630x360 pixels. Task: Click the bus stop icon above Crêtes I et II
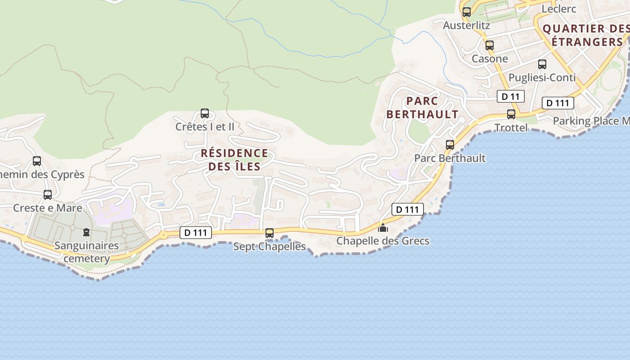click(x=205, y=113)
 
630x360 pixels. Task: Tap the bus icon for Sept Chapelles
click(x=270, y=233)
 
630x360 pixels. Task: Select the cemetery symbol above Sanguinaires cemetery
click(x=86, y=232)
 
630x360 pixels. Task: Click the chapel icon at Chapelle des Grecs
click(x=383, y=228)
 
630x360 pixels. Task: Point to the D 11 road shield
click(x=511, y=96)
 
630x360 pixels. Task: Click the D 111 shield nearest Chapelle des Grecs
click(x=408, y=209)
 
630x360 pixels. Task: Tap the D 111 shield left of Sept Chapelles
click(x=196, y=233)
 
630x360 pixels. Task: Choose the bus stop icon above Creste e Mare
click(x=48, y=194)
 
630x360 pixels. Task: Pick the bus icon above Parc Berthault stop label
click(x=450, y=144)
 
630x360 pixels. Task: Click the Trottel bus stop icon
click(x=511, y=114)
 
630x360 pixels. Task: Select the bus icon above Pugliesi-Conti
click(x=542, y=64)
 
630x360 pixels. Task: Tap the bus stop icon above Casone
click(x=490, y=45)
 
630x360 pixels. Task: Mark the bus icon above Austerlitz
click(x=467, y=12)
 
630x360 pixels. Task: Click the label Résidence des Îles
click(x=234, y=160)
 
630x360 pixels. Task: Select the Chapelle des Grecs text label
click(x=383, y=241)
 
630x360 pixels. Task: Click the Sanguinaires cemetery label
click(x=86, y=252)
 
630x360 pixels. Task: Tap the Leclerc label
click(x=559, y=9)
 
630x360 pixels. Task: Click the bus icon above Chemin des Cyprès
click(x=37, y=161)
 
